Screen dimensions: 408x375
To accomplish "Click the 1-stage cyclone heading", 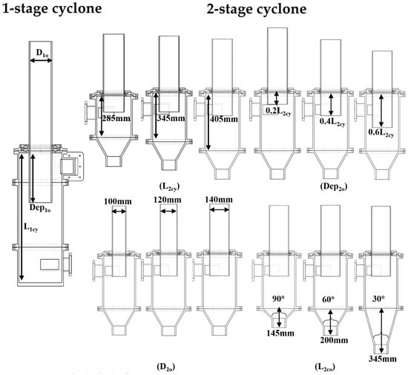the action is pos(51,9).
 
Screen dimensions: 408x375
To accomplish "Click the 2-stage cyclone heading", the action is pos(257,10).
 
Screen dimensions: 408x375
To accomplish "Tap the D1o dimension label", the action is pos(42,53).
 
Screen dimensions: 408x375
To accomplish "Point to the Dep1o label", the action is pos(40,208).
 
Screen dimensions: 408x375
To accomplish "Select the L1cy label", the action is pos(31,228).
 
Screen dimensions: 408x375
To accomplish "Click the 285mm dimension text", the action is pos(116,119).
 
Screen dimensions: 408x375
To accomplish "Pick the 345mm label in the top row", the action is pos(171,118).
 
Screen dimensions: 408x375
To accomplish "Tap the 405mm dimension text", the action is pos(224,119).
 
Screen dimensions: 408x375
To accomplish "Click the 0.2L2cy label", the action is pos(278,111).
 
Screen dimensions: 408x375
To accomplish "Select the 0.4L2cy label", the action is pos(332,122).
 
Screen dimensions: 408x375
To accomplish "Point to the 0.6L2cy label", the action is pos(381,133).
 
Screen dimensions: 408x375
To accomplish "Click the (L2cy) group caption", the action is pos(169,186).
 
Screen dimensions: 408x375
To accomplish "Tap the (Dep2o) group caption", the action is pos(334,186).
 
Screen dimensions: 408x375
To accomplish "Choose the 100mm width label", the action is pos(118,201).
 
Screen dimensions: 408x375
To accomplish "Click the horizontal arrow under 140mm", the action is pos(220,209).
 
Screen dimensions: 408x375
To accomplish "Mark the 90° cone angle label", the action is pos(278,299).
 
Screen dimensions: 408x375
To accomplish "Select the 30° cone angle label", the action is pos(378,299).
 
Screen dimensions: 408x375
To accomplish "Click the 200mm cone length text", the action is pos(334,340).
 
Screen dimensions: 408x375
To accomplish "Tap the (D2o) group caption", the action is pos(165,367).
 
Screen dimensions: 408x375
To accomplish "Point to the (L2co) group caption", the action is pos(325,367).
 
